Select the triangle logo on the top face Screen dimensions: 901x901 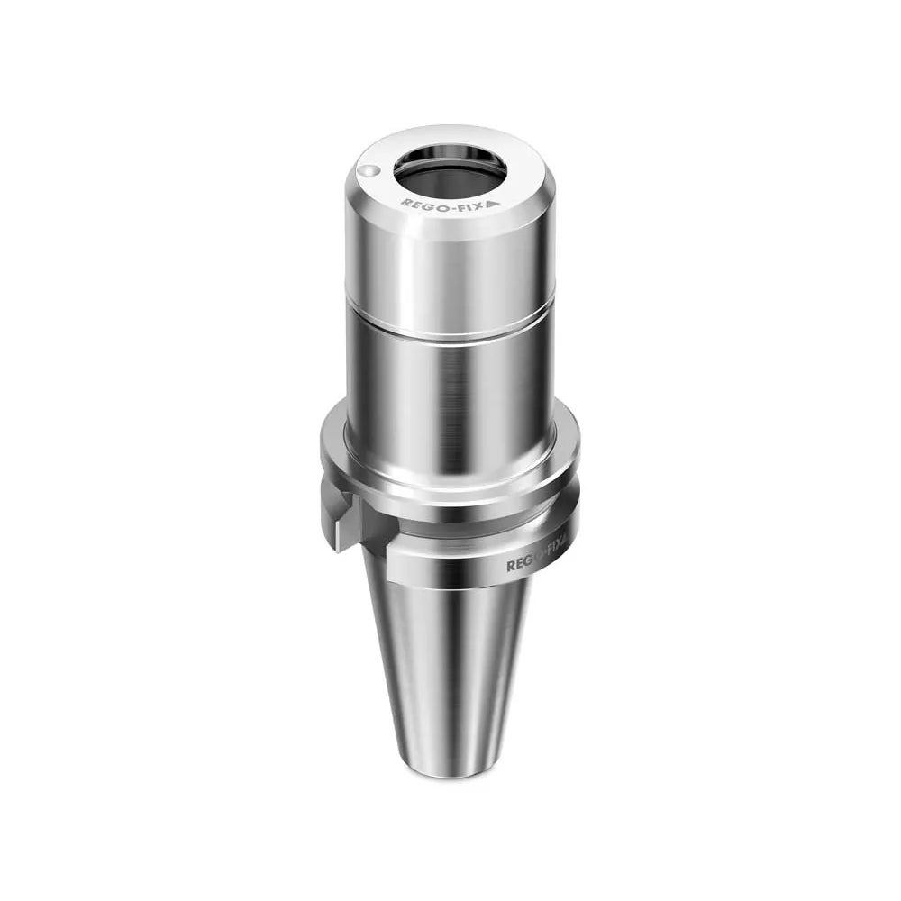click(x=493, y=204)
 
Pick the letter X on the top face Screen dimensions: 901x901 click(x=480, y=205)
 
